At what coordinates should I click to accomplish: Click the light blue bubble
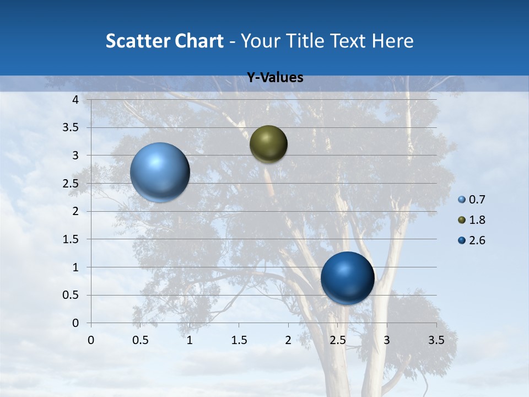point(160,172)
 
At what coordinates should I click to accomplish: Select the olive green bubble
point(268,144)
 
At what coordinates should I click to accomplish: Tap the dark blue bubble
point(347,278)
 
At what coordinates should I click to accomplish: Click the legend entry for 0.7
point(472,200)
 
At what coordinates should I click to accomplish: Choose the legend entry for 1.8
point(472,220)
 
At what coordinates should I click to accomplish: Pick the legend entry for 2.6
point(472,240)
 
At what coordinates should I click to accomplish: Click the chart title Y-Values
point(275,78)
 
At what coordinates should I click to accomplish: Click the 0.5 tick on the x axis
point(141,340)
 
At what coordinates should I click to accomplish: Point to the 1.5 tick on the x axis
point(239,340)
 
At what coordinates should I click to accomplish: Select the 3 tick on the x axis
point(387,340)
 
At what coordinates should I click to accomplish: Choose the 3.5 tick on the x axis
point(436,340)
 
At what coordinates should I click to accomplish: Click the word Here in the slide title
point(392,41)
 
